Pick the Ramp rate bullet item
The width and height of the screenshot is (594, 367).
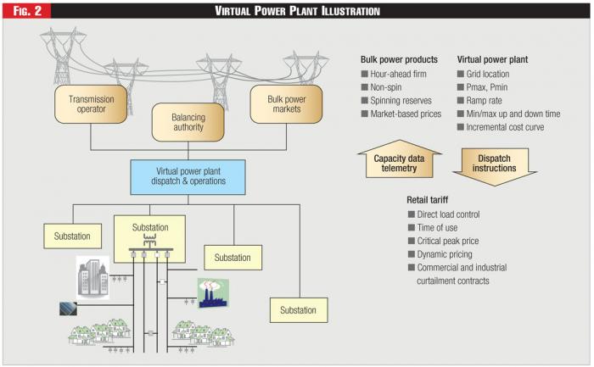point(488,100)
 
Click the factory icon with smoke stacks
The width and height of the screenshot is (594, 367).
point(214,293)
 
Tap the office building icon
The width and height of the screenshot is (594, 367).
point(92,275)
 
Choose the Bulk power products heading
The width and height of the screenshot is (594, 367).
point(399,59)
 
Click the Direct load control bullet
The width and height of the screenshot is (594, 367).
point(447,214)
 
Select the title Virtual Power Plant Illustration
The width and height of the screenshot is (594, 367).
point(297,11)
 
